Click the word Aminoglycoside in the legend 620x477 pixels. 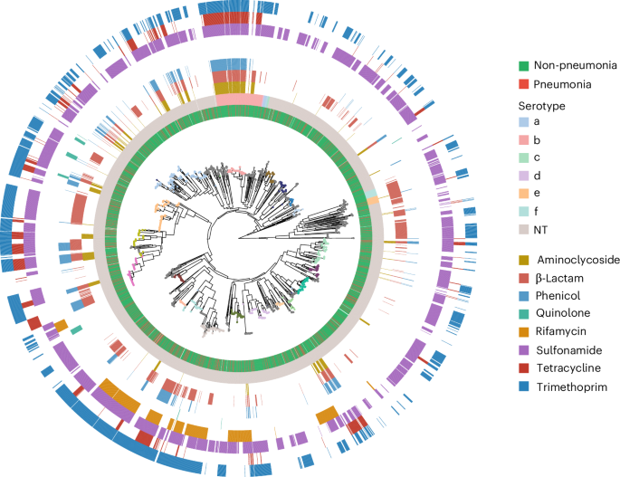coord(573,260)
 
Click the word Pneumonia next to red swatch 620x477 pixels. coord(563,84)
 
